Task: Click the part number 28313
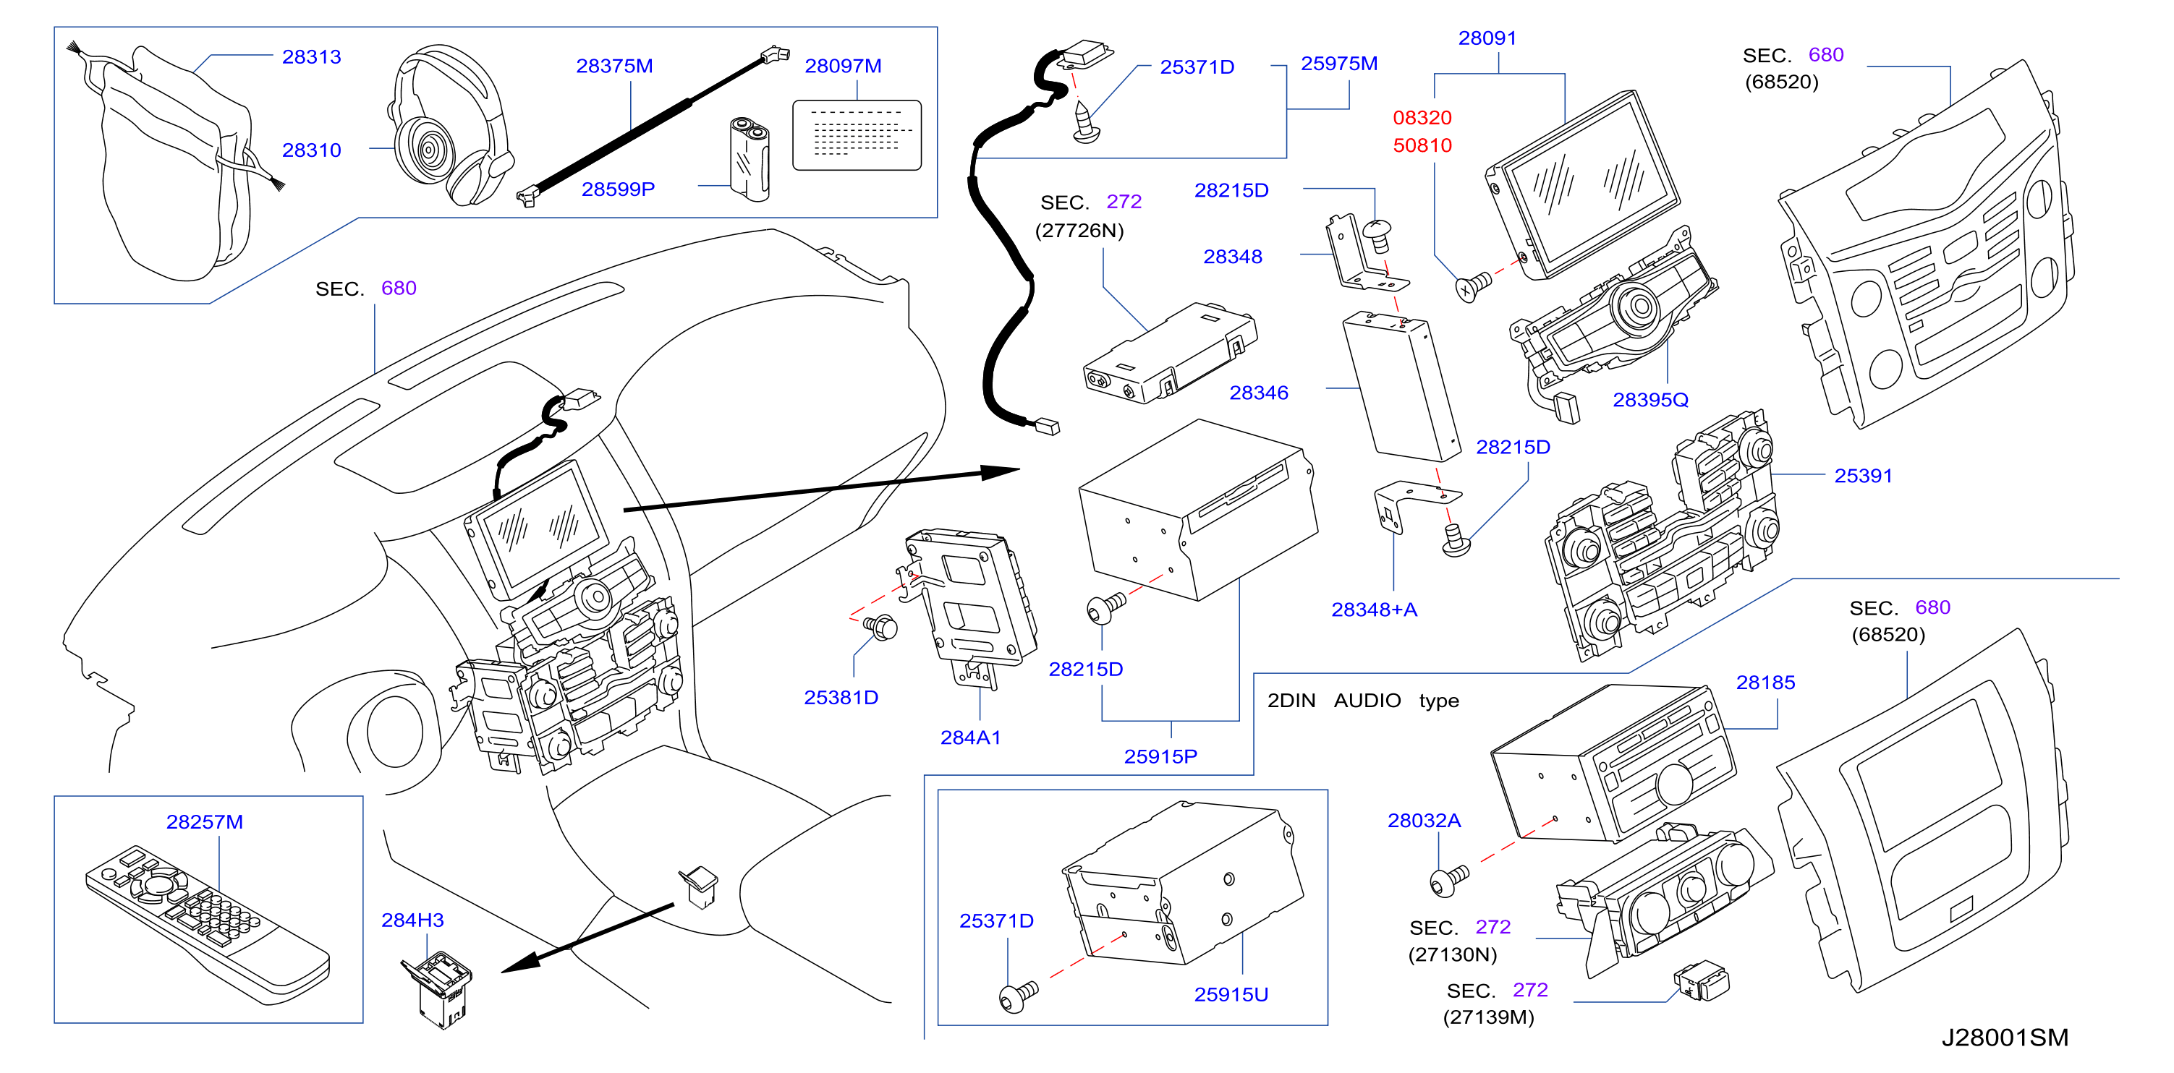pyautogui.click(x=311, y=56)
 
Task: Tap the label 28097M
pyautogui.click(x=842, y=66)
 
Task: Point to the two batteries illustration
pyautogui.click(x=750, y=159)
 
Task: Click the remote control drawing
pyautogui.click(x=208, y=925)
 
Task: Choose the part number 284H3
pyautogui.click(x=412, y=920)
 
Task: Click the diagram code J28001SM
pyautogui.click(x=2005, y=1037)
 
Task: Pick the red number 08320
pyautogui.click(x=1422, y=117)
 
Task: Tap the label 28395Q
pyautogui.click(x=1650, y=400)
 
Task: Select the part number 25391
pyautogui.click(x=1863, y=476)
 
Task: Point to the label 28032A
pyautogui.click(x=1424, y=820)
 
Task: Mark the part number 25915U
pyautogui.click(x=1231, y=995)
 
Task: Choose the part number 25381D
pyautogui.click(x=841, y=698)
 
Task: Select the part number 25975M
pyautogui.click(x=1338, y=64)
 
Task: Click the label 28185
pyautogui.click(x=1765, y=683)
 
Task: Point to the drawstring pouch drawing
pyautogui.click(x=174, y=162)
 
